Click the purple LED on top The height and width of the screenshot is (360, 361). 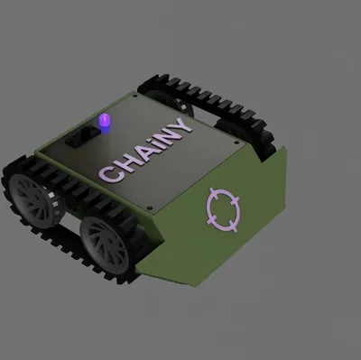(106, 121)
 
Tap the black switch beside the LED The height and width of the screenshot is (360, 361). (87, 137)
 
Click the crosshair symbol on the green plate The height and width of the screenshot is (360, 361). (223, 208)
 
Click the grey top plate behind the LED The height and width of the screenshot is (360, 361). (135, 108)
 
